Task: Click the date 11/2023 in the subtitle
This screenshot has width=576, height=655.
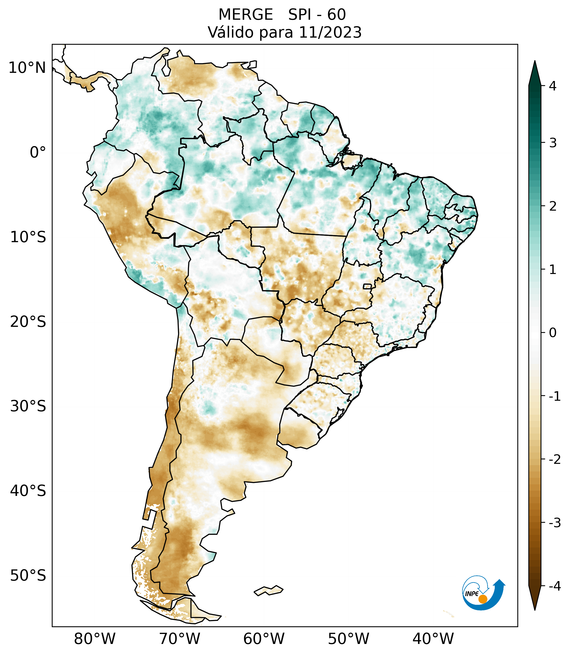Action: click(x=330, y=33)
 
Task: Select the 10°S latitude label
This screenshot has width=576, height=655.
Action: click(x=28, y=237)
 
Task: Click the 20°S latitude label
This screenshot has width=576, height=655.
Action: click(x=28, y=322)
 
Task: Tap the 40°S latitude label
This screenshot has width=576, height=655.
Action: click(x=28, y=491)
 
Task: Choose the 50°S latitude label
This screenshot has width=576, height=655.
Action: click(x=28, y=576)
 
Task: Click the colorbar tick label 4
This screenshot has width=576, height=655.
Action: click(x=553, y=86)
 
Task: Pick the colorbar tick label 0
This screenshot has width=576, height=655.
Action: click(x=553, y=333)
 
